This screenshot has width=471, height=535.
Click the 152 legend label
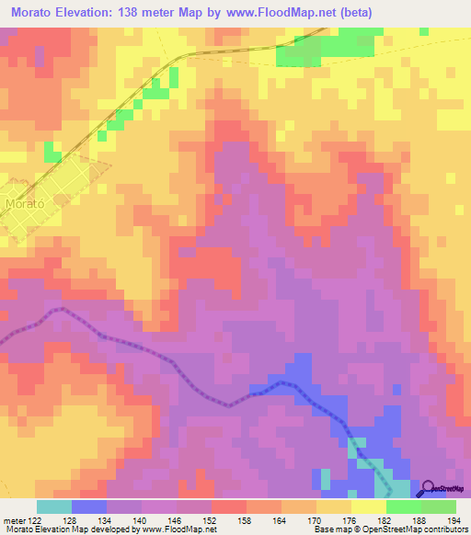click(213, 520)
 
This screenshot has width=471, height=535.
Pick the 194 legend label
click(456, 520)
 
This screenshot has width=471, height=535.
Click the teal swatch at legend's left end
click(54, 507)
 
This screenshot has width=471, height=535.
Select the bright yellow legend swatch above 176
click(369, 507)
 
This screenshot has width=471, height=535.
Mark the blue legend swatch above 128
click(89, 507)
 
